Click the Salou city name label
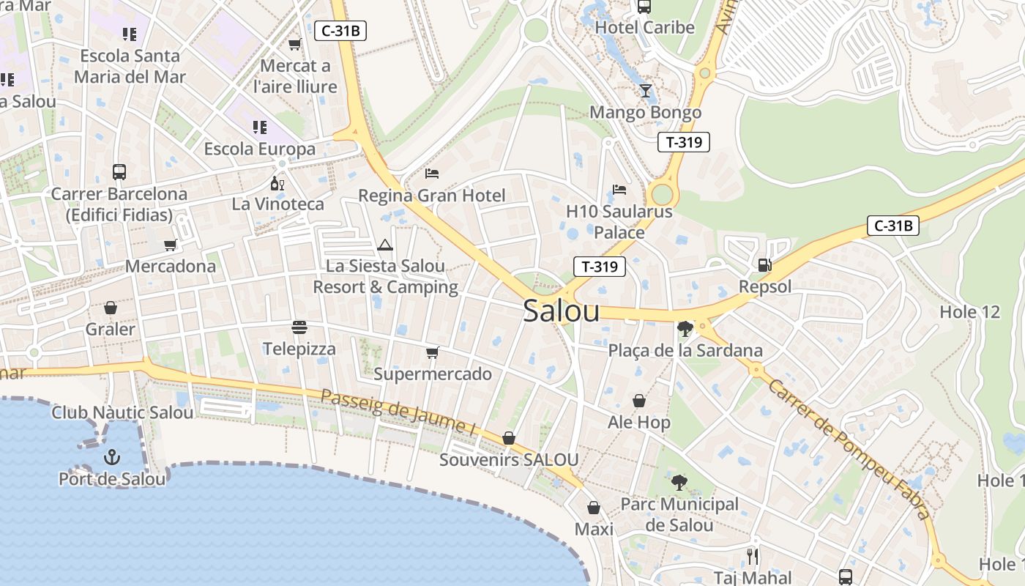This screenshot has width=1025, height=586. click(562, 311)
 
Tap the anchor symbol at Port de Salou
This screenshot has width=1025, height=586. click(112, 458)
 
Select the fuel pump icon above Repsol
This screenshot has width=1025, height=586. click(764, 265)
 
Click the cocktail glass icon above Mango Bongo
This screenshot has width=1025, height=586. click(645, 91)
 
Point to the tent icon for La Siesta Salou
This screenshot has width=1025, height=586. click(385, 245)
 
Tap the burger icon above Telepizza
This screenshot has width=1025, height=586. click(299, 327)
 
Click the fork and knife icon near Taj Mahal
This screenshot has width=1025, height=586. click(753, 557)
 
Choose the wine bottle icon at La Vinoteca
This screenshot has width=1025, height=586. click(277, 183)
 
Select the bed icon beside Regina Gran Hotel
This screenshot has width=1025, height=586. click(432, 174)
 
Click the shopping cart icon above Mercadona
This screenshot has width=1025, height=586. click(171, 245)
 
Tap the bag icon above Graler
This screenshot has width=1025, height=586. click(111, 307)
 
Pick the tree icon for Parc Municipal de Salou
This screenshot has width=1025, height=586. click(679, 482)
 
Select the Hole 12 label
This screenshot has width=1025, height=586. click(969, 312)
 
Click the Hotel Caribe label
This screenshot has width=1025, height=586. click(644, 28)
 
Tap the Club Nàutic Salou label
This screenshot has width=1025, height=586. click(122, 412)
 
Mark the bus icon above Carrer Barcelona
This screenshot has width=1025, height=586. click(119, 172)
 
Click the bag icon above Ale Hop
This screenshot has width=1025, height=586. click(639, 401)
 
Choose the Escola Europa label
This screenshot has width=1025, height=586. click(259, 149)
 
